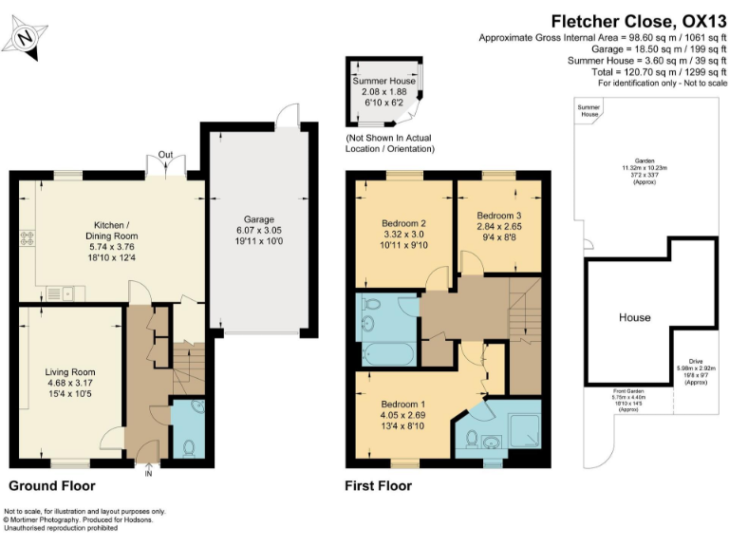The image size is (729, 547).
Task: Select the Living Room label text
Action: [70, 371]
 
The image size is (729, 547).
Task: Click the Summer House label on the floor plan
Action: [384, 83]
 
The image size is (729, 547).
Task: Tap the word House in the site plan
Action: [634, 317]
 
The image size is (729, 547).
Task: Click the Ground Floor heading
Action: [52, 485]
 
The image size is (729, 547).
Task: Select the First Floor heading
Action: [379, 485]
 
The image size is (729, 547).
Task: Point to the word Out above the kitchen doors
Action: [165, 155]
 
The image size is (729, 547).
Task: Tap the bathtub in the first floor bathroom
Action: [387, 354]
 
